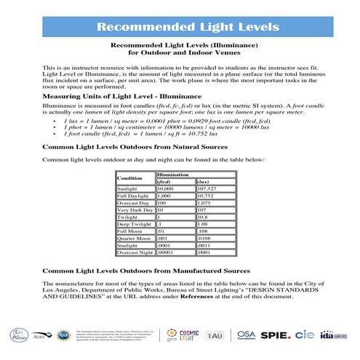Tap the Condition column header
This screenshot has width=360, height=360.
tap(130, 178)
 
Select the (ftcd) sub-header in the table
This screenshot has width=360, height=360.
tap(169, 182)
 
